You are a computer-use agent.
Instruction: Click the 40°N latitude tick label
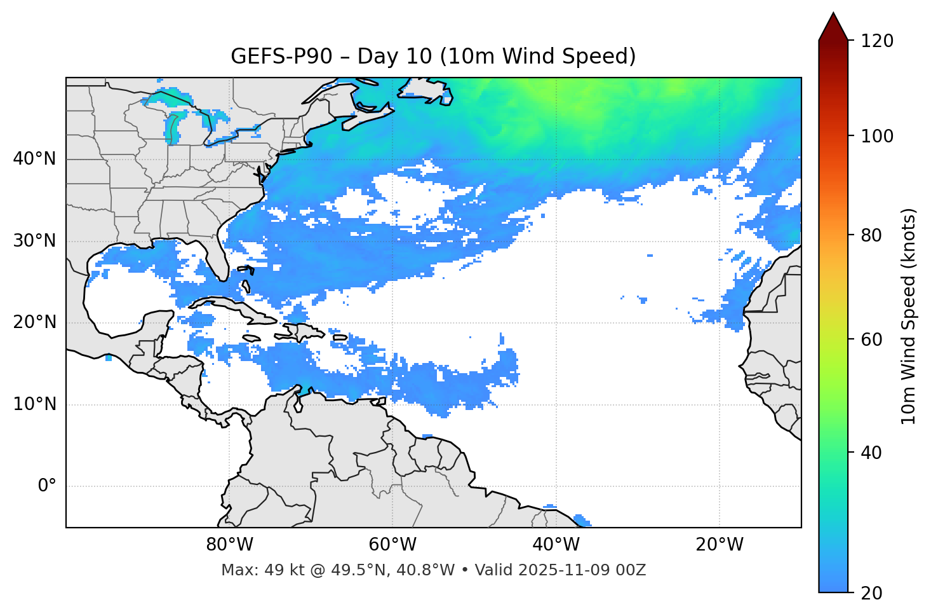[x=34, y=159]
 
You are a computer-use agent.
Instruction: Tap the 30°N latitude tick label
[x=34, y=241]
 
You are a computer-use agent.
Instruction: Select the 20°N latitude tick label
[x=34, y=322]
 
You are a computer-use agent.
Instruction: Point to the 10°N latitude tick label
[x=34, y=404]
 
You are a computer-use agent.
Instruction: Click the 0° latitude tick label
[x=47, y=486]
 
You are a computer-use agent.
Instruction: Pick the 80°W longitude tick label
[x=229, y=545]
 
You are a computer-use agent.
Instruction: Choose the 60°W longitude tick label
[x=392, y=545]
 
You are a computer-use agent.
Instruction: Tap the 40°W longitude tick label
[x=556, y=545]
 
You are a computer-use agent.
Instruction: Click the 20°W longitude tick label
[x=720, y=545]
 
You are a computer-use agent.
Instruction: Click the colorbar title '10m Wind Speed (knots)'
[x=909, y=316]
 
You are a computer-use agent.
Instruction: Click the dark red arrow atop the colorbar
[x=833, y=27]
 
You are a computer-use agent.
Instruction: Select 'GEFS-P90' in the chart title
[x=281, y=57]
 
